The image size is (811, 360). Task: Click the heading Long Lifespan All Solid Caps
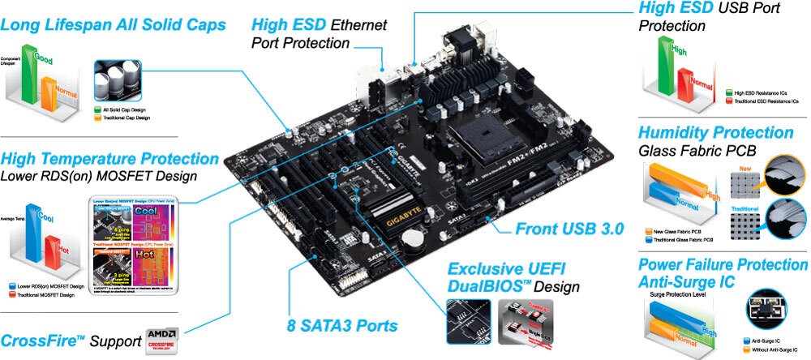113,25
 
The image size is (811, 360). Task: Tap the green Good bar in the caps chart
28,77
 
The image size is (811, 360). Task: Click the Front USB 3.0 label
569,229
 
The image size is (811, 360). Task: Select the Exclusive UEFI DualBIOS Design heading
514,276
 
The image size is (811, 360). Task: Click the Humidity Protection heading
716,132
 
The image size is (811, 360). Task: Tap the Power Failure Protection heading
723,265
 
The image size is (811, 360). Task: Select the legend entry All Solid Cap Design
125,109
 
